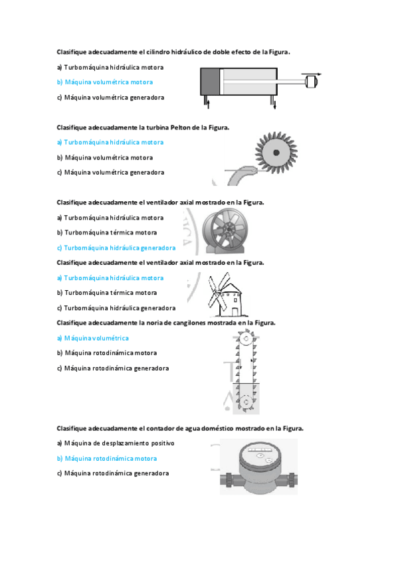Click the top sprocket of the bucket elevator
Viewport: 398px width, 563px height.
(245, 343)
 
